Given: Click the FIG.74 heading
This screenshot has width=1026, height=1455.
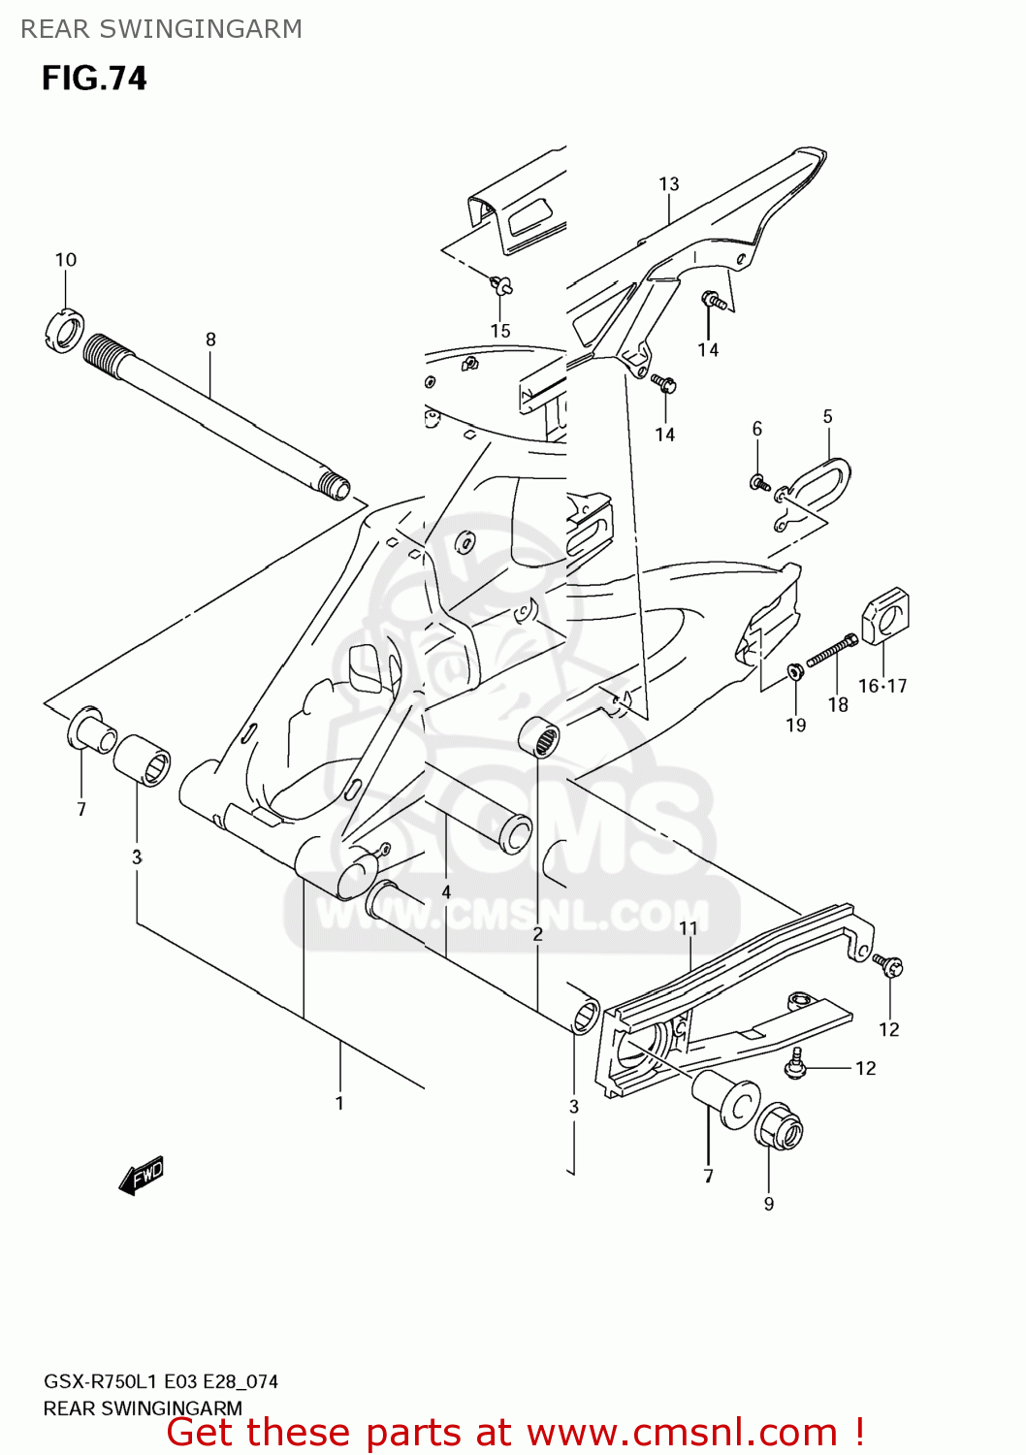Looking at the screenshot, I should point(94,79).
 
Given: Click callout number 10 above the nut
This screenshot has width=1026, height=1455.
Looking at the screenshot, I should point(65,260).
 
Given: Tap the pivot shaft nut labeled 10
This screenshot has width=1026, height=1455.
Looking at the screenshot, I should point(65,330).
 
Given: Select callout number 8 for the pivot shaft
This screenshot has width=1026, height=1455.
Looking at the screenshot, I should point(210,339).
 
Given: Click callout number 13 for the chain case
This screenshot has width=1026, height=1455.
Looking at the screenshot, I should point(669,184).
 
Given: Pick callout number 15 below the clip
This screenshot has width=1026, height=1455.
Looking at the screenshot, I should point(499,331).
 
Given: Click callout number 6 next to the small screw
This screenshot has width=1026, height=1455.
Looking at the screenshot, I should point(757,429).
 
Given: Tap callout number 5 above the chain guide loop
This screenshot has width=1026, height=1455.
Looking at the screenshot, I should point(827,417).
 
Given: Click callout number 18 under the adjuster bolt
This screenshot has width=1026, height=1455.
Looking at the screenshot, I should point(838,705).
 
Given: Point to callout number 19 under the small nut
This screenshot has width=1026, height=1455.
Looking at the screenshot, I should point(795,725).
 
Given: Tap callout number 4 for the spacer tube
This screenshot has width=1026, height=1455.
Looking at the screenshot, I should point(446,891).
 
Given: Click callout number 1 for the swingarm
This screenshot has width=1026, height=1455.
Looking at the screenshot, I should point(339,1103).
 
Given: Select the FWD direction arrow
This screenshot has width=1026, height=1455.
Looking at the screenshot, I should point(142,1175).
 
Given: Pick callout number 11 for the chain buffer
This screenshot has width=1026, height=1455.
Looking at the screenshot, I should point(688,928).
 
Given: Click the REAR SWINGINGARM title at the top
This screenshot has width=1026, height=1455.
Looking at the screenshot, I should point(161,29).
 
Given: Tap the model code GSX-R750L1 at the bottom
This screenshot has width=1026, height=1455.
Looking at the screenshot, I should point(101,1381).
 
